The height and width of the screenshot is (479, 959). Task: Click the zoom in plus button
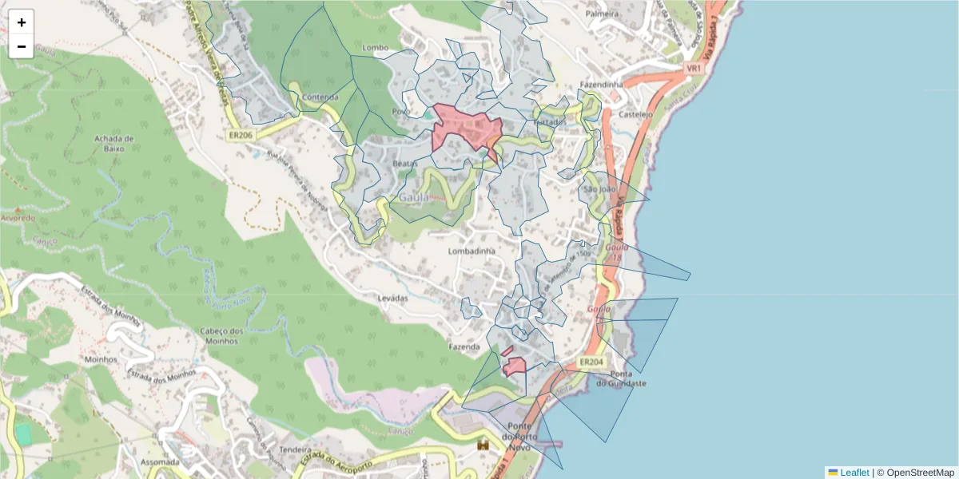[x=22, y=22]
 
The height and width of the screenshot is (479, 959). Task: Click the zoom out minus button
[x=22, y=46]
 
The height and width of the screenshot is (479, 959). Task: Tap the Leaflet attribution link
[x=854, y=473]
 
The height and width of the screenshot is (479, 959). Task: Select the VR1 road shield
[x=694, y=69]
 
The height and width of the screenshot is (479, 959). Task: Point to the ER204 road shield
[x=591, y=362]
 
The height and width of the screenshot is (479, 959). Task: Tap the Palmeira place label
[x=602, y=14]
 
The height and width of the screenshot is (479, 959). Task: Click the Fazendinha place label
[x=601, y=84]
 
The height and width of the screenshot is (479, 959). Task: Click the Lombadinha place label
[x=472, y=251]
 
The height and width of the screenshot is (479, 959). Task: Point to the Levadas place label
[x=392, y=298]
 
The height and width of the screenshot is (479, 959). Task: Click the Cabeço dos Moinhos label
[x=221, y=336]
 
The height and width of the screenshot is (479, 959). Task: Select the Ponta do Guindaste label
[x=627, y=378]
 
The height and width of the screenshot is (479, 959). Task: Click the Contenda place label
[x=320, y=97]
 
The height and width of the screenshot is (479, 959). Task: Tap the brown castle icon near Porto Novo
[x=483, y=444]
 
